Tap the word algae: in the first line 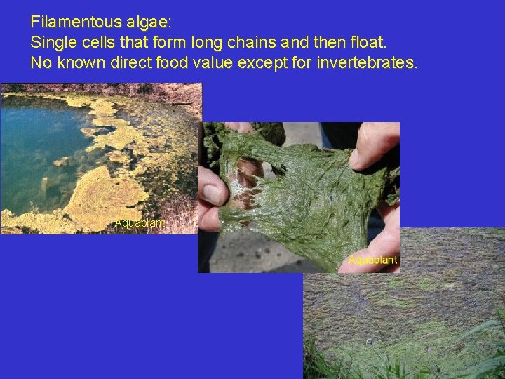point(147,22)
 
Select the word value point(217,63)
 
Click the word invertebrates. point(367,63)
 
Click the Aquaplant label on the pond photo point(140,223)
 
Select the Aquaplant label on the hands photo point(372,260)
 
